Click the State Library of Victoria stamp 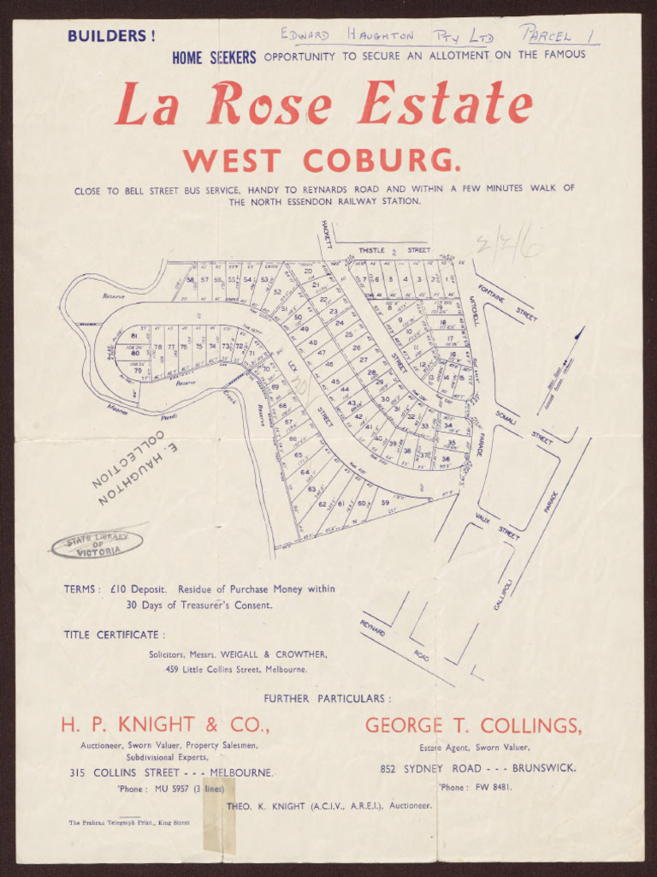click(x=97, y=544)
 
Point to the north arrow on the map click(x=577, y=335)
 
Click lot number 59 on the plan click(x=385, y=503)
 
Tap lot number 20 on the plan click(x=308, y=271)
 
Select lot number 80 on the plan click(x=135, y=352)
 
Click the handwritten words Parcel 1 click(x=558, y=36)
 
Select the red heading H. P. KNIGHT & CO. click(x=165, y=725)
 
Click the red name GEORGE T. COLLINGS click(x=473, y=725)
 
